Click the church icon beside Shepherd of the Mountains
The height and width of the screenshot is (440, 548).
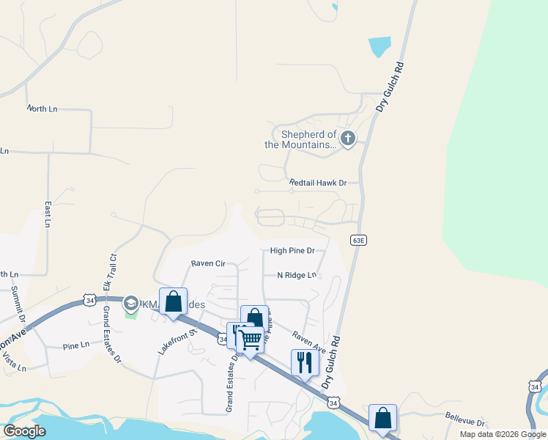347,138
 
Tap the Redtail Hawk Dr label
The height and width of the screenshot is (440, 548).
317,182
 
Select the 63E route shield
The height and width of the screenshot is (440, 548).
358,240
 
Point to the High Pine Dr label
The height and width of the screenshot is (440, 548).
292,251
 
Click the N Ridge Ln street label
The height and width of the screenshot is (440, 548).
297,275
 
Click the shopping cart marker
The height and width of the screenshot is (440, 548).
250,340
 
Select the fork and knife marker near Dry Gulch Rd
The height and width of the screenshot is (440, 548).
305,362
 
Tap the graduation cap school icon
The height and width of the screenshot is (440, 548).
131,303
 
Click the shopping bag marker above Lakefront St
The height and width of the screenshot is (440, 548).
173,301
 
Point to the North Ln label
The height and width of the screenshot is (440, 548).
42,109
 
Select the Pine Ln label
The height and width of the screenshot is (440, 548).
75,345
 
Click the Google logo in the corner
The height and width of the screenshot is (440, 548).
24,431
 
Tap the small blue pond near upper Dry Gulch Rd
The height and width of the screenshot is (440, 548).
380,47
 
